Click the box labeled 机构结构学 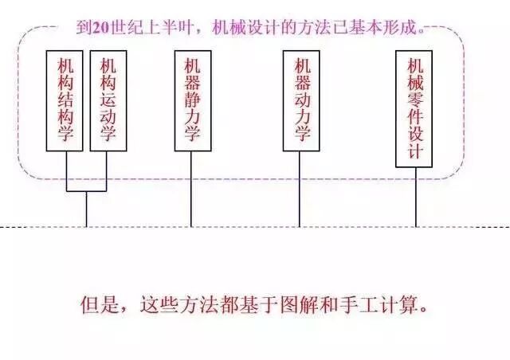coord(65,100)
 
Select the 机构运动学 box coord(108,100)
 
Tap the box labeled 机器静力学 coord(192,100)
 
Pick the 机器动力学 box coord(300,100)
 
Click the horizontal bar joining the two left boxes coord(86,192)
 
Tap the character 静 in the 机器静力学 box coord(192,100)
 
